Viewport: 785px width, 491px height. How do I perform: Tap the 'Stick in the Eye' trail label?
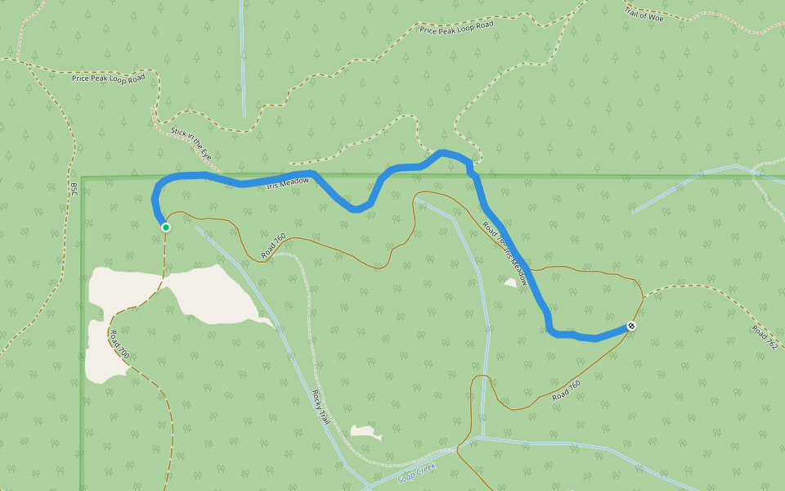191,142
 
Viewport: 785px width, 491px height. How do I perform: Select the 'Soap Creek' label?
418,473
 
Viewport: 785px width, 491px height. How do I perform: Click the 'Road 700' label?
119,345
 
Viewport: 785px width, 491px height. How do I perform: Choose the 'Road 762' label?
764,336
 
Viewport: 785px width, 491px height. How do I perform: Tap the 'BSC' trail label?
74,188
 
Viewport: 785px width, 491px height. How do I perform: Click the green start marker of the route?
166,227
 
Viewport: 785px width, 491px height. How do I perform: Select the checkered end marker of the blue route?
631,326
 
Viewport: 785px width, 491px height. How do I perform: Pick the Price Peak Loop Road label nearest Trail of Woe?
457,27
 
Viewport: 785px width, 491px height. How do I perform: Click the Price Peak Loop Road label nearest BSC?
108,78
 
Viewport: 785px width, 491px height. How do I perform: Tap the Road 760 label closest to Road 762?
566,390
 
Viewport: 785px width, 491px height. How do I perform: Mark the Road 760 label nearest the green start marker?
273,247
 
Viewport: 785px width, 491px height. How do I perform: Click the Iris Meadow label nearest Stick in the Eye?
289,183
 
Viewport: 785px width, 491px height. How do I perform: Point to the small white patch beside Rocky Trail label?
366,431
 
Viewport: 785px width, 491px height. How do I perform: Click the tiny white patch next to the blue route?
511,282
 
